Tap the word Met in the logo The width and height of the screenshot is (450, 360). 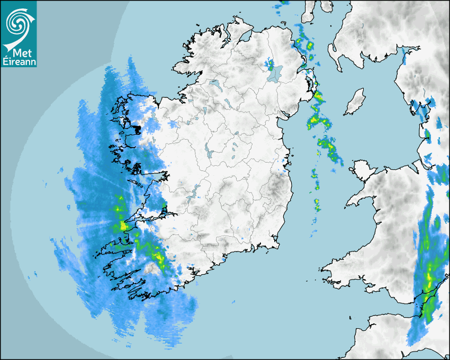tap(18, 53)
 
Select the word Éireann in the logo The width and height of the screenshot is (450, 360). tap(19, 62)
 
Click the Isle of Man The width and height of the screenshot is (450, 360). tap(355, 102)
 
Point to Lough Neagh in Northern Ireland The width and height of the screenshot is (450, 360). tap(275, 73)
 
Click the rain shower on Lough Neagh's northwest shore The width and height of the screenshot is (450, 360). tap(271, 65)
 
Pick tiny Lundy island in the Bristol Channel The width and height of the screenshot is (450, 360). tap(350, 317)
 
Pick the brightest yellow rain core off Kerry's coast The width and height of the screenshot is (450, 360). tap(123, 226)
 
